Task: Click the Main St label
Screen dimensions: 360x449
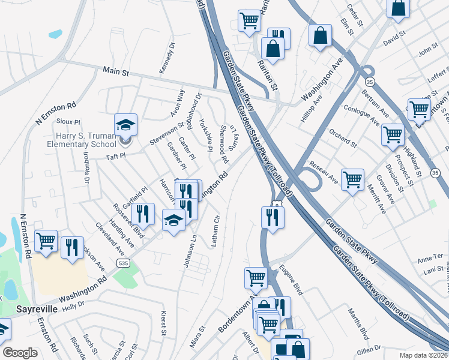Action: click(116, 71)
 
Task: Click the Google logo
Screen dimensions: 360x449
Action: click(20, 353)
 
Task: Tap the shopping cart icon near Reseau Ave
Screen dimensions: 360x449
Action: click(352, 179)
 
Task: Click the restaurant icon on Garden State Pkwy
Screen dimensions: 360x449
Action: click(272, 217)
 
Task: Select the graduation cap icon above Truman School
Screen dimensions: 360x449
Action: click(126, 124)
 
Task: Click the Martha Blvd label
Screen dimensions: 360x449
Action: click(360, 323)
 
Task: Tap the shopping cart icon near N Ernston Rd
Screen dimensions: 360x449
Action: click(46, 241)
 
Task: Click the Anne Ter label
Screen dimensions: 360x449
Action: click(430, 257)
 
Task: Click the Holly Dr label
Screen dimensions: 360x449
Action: click(73, 305)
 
